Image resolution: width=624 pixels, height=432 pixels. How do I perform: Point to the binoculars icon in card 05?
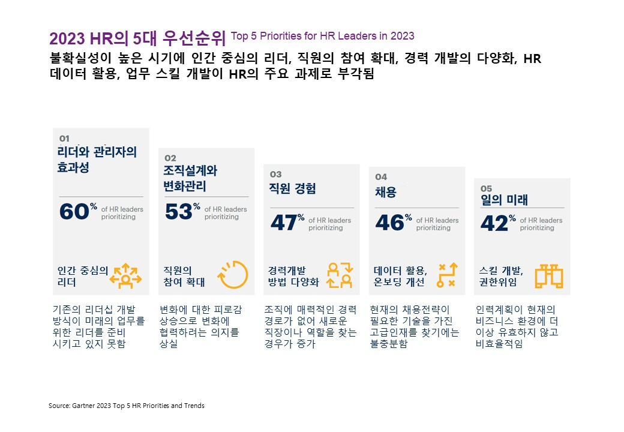[549, 275]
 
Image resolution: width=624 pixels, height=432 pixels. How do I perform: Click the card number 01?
[64, 138]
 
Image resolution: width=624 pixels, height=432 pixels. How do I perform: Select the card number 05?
[486, 188]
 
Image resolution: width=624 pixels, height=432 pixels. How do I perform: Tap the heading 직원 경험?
[292, 188]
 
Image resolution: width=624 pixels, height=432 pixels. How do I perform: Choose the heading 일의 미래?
[502, 200]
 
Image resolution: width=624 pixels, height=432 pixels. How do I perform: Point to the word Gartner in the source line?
[83, 406]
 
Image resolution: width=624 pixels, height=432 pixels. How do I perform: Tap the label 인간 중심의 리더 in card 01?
[82, 276]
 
